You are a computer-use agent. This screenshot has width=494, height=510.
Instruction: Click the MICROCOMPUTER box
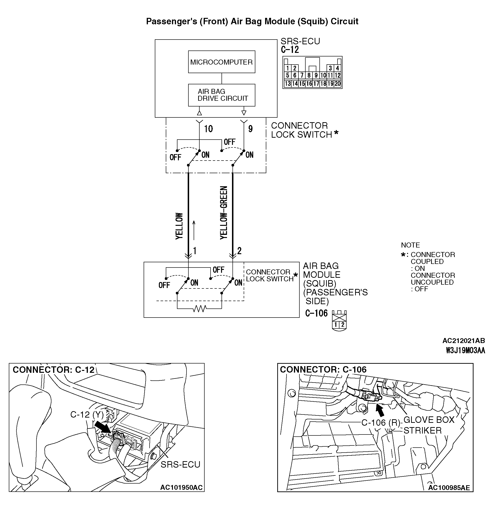coord(221,62)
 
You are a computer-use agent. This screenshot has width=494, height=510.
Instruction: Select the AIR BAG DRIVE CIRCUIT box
coord(221,95)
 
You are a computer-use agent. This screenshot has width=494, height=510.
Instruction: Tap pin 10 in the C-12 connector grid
coord(323,76)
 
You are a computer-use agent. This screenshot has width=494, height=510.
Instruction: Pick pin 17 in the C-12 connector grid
coord(316,84)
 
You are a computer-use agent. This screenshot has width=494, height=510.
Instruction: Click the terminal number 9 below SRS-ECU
coord(250,129)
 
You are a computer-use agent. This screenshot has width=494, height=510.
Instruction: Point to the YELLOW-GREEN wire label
coord(224,212)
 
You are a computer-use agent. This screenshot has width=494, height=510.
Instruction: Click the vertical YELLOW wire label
coord(179,226)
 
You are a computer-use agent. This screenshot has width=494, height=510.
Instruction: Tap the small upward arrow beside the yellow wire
coord(194,230)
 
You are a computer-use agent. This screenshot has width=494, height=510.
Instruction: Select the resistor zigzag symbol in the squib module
coord(200,309)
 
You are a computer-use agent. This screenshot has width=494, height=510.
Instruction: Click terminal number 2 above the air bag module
coord(239,251)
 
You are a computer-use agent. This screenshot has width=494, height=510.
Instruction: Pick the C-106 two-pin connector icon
coord(339,321)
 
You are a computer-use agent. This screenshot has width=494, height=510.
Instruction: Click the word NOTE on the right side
coord(410,245)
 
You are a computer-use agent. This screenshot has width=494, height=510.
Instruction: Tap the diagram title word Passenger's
coord(171,21)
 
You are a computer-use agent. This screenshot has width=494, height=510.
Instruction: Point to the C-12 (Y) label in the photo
coord(87,414)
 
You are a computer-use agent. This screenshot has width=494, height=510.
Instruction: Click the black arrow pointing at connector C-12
coord(102,428)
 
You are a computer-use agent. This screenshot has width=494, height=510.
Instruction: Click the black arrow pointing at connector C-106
coord(380,411)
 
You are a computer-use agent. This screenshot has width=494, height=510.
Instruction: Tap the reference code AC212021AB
coord(463,341)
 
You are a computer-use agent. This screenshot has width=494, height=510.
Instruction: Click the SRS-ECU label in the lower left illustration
coord(180,464)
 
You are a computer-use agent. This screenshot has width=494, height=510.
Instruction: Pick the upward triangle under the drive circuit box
coord(199,113)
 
